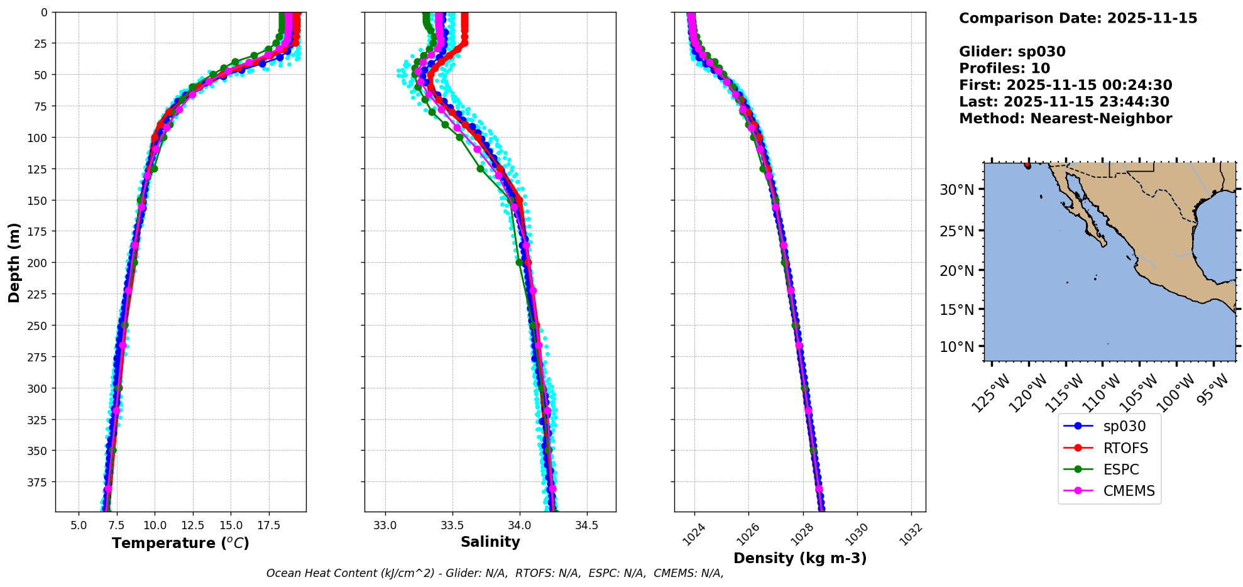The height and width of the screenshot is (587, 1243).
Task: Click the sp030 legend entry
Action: (x=1124, y=426)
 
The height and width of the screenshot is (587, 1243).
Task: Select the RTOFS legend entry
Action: (x=1125, y=448)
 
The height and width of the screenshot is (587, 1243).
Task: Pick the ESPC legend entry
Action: (x=1120, y=469)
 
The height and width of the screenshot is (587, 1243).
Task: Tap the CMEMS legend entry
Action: (x=1129, y=491)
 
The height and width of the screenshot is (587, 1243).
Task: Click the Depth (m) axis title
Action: (x=14, y=262)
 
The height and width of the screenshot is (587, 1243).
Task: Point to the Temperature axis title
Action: (x=180, y=543)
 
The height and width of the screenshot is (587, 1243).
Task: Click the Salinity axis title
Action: (x=490, y=542)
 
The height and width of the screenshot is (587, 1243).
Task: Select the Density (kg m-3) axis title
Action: (x=800, y=558)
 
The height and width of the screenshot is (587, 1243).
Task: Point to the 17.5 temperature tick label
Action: (x=268, y=525)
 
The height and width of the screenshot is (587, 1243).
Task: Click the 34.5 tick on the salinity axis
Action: (x=586, y=525)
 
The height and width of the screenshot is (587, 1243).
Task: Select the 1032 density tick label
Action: (x=911, y=534)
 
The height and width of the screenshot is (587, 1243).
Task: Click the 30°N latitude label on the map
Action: (x=956, y=190)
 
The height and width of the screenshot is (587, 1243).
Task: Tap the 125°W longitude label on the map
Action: (x=990, y=393)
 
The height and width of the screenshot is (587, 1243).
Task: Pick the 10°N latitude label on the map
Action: (x=956, y=347)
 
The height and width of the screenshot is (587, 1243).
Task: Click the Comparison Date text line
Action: (x=1078, y=18)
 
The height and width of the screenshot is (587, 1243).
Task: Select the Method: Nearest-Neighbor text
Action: (x=1065, y=119)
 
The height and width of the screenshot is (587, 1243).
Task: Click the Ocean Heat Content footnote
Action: (x=495, y=573)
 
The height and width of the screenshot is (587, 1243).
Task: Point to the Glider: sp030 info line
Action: (x=1012, y=52)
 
